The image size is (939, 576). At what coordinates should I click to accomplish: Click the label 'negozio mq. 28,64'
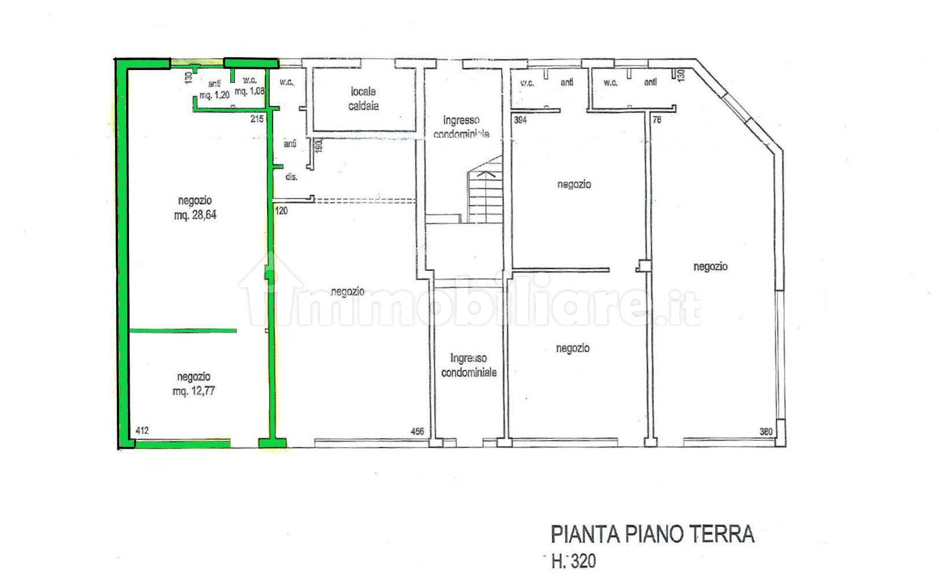194,208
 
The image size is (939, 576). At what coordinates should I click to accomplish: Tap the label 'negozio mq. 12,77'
194,384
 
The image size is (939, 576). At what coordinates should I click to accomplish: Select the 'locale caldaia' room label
363,99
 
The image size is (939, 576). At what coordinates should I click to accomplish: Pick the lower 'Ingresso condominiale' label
469,366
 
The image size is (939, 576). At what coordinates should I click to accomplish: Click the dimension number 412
142,431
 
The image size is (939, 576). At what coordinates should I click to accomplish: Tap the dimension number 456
417,431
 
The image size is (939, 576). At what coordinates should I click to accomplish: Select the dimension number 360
766,431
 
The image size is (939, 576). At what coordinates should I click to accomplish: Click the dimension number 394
521,120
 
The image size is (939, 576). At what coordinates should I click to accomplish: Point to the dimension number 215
257,119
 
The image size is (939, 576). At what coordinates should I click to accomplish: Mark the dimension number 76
657,120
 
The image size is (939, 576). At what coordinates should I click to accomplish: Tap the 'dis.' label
291,177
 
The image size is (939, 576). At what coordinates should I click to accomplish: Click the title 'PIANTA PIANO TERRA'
652,534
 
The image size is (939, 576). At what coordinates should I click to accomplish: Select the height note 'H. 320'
573,560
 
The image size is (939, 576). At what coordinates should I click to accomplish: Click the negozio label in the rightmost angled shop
710,267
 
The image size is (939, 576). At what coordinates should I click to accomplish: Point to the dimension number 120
281,211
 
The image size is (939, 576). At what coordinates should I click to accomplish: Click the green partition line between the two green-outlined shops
182,331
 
